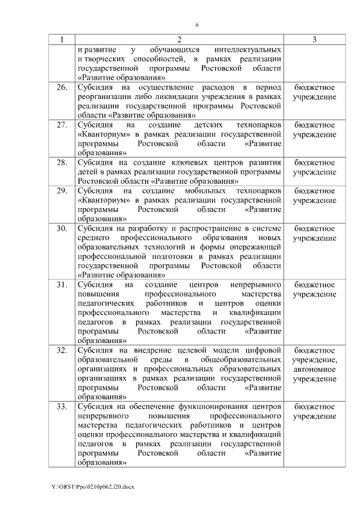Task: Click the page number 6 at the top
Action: point(197,25)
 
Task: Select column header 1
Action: point(61,40)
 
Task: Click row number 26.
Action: point(61,88)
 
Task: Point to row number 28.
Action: point(61,163)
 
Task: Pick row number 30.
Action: point(61,228)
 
